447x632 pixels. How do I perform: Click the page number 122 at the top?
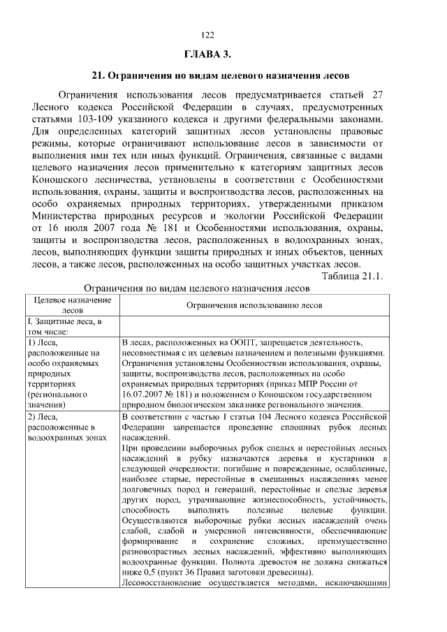click(x=207, y=35)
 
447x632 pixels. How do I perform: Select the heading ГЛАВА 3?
click(x=207, y=54)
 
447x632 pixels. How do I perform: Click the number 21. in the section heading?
click(x=98, y=75)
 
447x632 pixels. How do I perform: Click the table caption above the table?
click(x=196, y=288)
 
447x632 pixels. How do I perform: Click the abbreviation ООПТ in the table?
click(x=268, y=344)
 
